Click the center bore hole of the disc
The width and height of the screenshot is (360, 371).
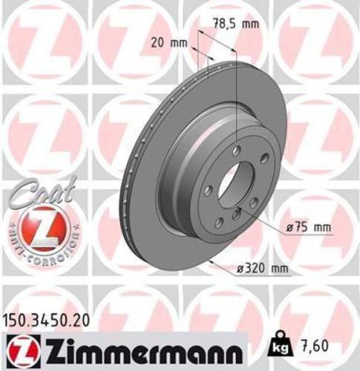[x=238, y=182]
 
